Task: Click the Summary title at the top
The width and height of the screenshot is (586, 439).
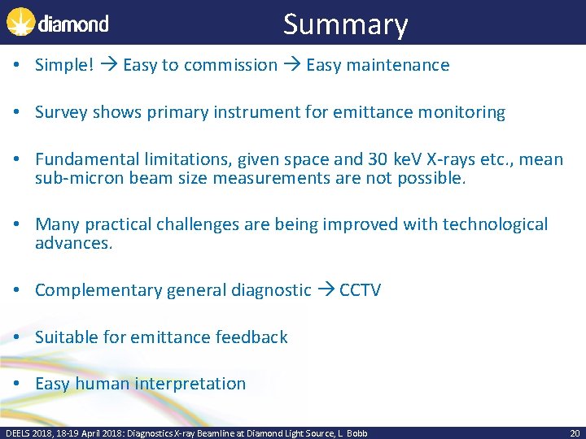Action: [x=345, y=24]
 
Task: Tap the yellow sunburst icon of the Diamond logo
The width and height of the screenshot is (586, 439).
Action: [x=20, y=22]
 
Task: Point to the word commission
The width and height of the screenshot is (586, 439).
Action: [x=230, y=65]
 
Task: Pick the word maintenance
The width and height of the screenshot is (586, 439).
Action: [x=399, y=65]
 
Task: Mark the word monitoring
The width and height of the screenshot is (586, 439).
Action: [x=459, y=112]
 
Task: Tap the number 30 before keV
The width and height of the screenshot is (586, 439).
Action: [x=377, y=159]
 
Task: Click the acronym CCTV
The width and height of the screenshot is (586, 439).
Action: [x=360, y=289]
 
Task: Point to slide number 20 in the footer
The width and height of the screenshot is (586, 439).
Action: [x=575, y=433]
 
